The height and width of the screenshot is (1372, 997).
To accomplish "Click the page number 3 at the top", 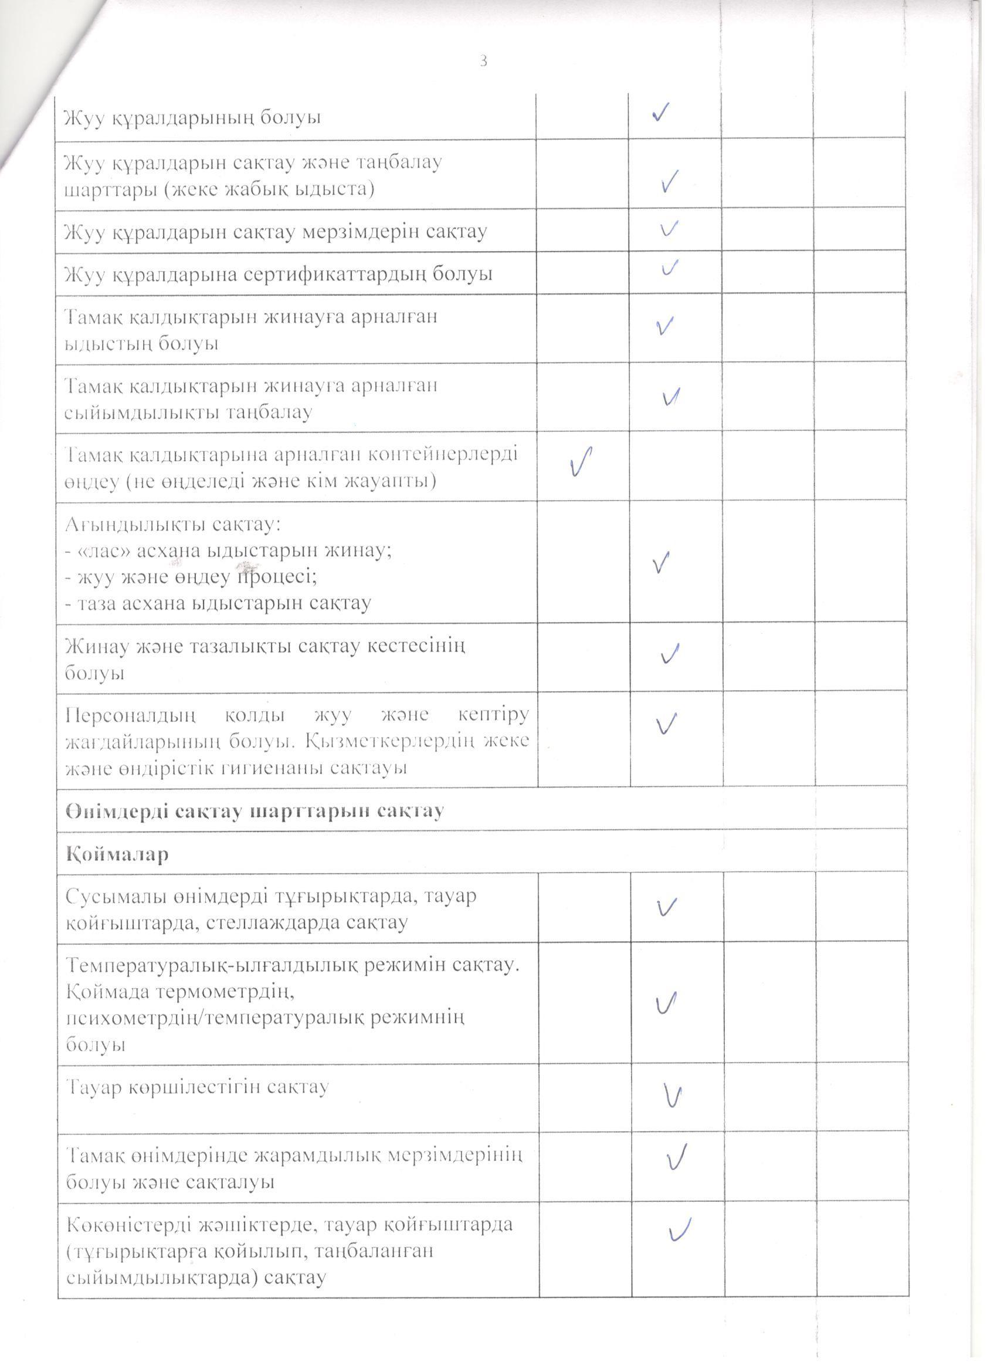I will click(x=483, y=60).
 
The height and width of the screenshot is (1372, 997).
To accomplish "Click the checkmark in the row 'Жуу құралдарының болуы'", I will click(x=660, y=113).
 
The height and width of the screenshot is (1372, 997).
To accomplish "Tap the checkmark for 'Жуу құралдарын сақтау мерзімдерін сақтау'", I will click(x=669, y=229).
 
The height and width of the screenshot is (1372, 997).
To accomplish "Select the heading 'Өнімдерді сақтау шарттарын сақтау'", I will click(x=255, y=811).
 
